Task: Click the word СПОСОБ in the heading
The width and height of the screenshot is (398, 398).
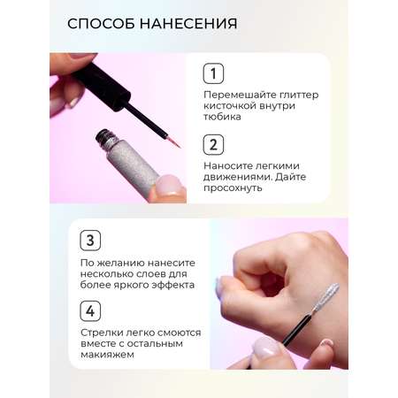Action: pyautogui.click(x=101, y=24)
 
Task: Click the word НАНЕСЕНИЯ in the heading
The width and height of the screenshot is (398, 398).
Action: pyautogui.click(x=188, y=24)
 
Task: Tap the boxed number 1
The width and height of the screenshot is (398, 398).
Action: pyautogui.click(x=213, y=73)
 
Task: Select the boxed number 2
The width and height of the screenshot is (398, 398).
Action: pyautogui.click(x=213, y=145)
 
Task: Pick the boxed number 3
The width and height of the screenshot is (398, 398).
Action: pyautogui.click(x=90, y=241)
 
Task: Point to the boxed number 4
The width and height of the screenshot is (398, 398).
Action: pyautogui.click(x=90, y=311)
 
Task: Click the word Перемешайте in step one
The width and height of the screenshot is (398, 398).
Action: pyautogui.click(x=239, y=95)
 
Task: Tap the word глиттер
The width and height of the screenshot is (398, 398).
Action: pyautogui.click(x=298, y=95)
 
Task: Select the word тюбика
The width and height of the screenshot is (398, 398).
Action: pyautogui.click(x=222, y=117)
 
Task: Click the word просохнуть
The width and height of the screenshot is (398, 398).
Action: pyautogui.click(x=233, y=188)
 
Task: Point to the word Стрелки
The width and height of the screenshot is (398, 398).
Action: pyautogui.click(x=101, y=333)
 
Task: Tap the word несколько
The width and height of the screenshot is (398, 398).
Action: pyautogui.click(x=108, y=274)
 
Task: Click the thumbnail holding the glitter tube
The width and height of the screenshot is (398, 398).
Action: pyautogui.click(x=167, y=185)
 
